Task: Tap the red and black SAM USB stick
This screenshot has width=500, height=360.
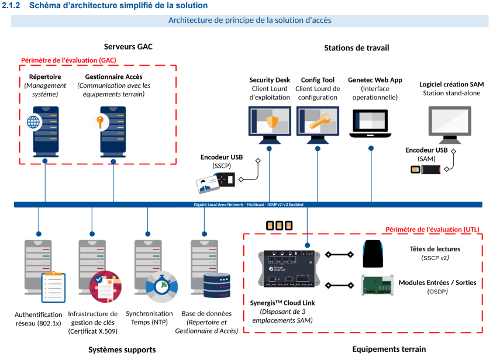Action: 426,169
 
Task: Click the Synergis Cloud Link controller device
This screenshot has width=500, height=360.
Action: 289,268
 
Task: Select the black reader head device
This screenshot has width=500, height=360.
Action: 374,253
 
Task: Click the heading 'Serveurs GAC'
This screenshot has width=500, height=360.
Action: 128,47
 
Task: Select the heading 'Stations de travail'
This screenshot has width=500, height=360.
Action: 356,47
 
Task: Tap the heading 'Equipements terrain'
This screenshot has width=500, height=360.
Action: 389,349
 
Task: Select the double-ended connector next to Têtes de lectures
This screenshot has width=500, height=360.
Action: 339,254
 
